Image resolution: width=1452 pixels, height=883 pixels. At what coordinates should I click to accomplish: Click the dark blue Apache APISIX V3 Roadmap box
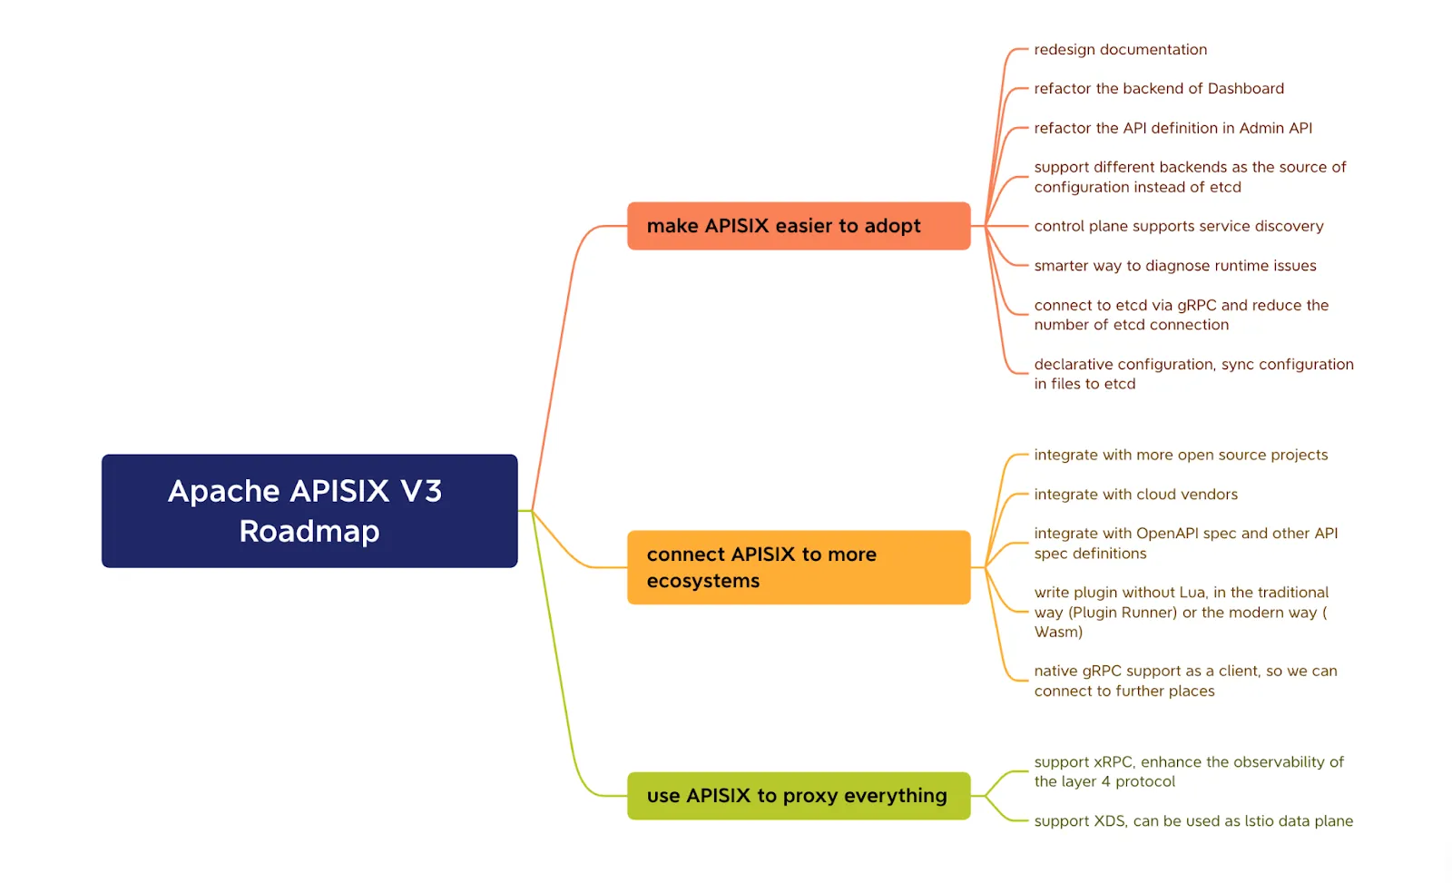[x=309, y=511]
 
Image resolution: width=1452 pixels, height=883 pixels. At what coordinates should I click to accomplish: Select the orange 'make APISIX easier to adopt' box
[x=799, y=226]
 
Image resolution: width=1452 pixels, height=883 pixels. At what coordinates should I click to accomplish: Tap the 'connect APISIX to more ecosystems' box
[x=799, y=567]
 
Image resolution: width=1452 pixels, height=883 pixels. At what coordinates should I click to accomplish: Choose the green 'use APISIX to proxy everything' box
[x=799, y=796]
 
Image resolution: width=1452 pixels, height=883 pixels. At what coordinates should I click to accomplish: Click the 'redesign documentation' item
[x=1120, y=50]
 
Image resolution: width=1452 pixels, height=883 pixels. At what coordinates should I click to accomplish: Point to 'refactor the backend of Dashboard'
[x=1158, y=89]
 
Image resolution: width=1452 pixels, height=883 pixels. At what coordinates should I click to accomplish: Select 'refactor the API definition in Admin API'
[x=1172, y=128]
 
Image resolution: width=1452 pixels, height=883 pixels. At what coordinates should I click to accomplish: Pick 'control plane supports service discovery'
[x=1179, y=226]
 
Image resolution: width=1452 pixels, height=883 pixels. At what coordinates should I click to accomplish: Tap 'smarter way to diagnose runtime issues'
[x=1174, y=266]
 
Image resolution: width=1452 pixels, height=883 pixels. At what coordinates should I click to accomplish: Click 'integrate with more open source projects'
[x=1181, y=456]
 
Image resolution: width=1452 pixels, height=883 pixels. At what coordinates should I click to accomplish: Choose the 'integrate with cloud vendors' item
[x=1135, y=495]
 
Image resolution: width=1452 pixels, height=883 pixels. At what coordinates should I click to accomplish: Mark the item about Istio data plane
[x=1193, y=821]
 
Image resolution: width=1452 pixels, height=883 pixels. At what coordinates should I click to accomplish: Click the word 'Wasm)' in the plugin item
[x=1058, y=633]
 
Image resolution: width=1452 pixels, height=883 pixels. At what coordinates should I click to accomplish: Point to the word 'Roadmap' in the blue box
[x=309, y=532]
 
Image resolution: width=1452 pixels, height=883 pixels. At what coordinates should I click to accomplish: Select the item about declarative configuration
[x=1193, y=374]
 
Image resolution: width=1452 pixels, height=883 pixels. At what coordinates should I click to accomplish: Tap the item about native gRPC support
[x=1185, y=681]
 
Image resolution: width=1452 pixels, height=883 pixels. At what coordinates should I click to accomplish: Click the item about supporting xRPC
[x=1189, y=771]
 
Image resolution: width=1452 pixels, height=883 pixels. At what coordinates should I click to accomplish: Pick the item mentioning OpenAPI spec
[x=1185, y=544]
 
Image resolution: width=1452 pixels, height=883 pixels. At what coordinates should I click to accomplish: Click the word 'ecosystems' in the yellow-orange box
[x=702, y=581]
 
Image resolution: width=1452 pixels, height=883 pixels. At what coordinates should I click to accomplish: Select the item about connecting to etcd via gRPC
[x=1181, y=315]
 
